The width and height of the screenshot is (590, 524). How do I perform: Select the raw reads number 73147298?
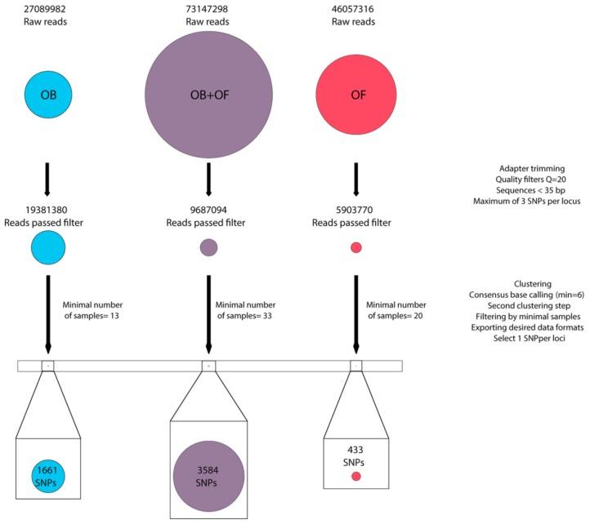208,7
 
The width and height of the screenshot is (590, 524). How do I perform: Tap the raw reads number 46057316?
355,7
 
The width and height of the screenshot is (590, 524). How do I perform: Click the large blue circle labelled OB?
47,93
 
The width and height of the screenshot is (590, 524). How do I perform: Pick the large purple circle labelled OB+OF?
208,93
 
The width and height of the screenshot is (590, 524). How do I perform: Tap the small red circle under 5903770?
355,247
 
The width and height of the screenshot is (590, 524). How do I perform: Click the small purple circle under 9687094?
208,246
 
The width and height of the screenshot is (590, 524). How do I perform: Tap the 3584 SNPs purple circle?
208,476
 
